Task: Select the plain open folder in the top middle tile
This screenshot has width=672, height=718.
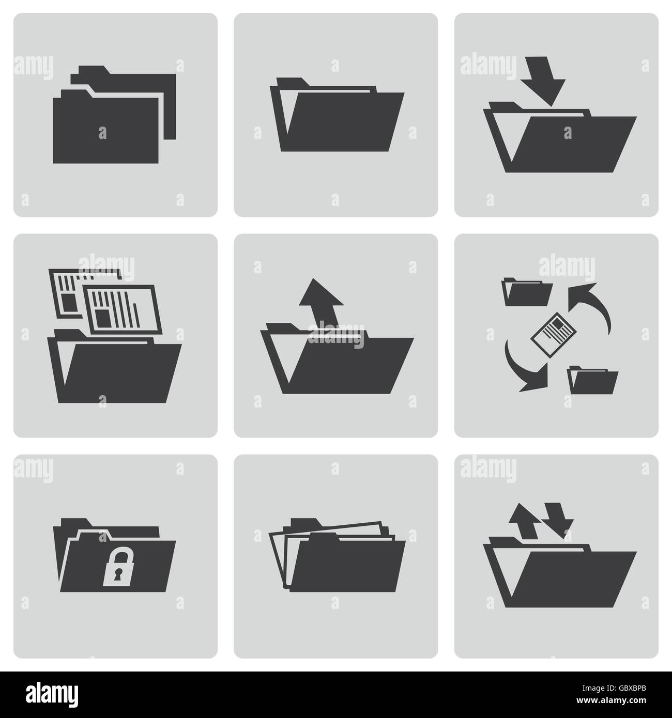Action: pos(336,119)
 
